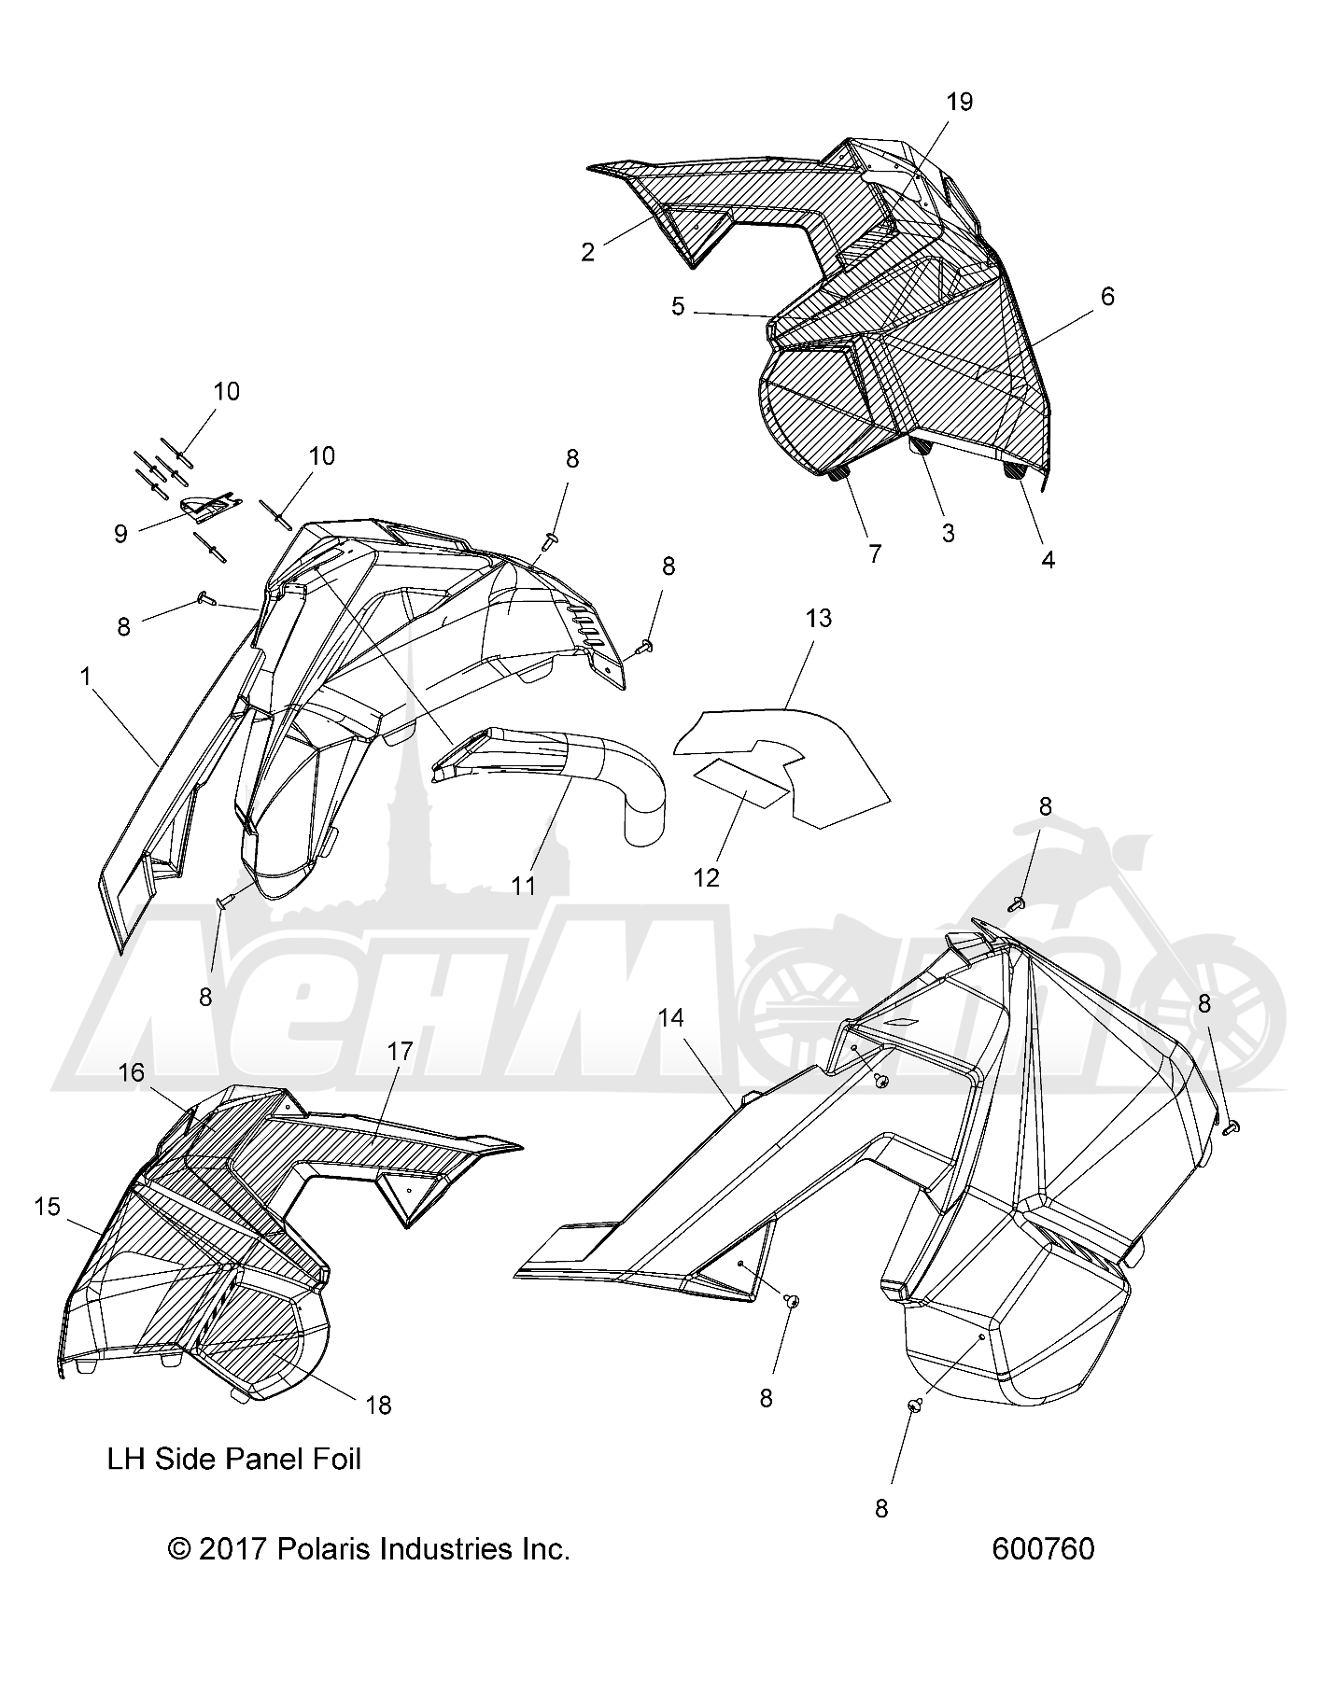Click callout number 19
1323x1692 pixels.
(x=960, y=103)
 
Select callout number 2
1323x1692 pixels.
(x=587, y=252)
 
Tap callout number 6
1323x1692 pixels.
(x=1107, y=297)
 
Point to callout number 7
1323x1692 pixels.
(x=875, y=553)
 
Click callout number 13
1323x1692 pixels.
(x=819, y=619)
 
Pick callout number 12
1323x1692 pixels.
(x=707, y=877)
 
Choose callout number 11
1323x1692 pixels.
(x=524, y=884)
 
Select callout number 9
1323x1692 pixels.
(x=120, y=533)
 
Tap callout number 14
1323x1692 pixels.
(x=670, y=1018)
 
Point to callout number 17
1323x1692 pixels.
(x=400, y=1051)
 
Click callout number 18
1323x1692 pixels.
(x=378, y=1405)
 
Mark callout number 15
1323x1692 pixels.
(x=47, y=1207)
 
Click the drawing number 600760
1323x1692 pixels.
(x=1043, y=1549)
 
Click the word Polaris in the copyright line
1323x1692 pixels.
(x=317, y=1549)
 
